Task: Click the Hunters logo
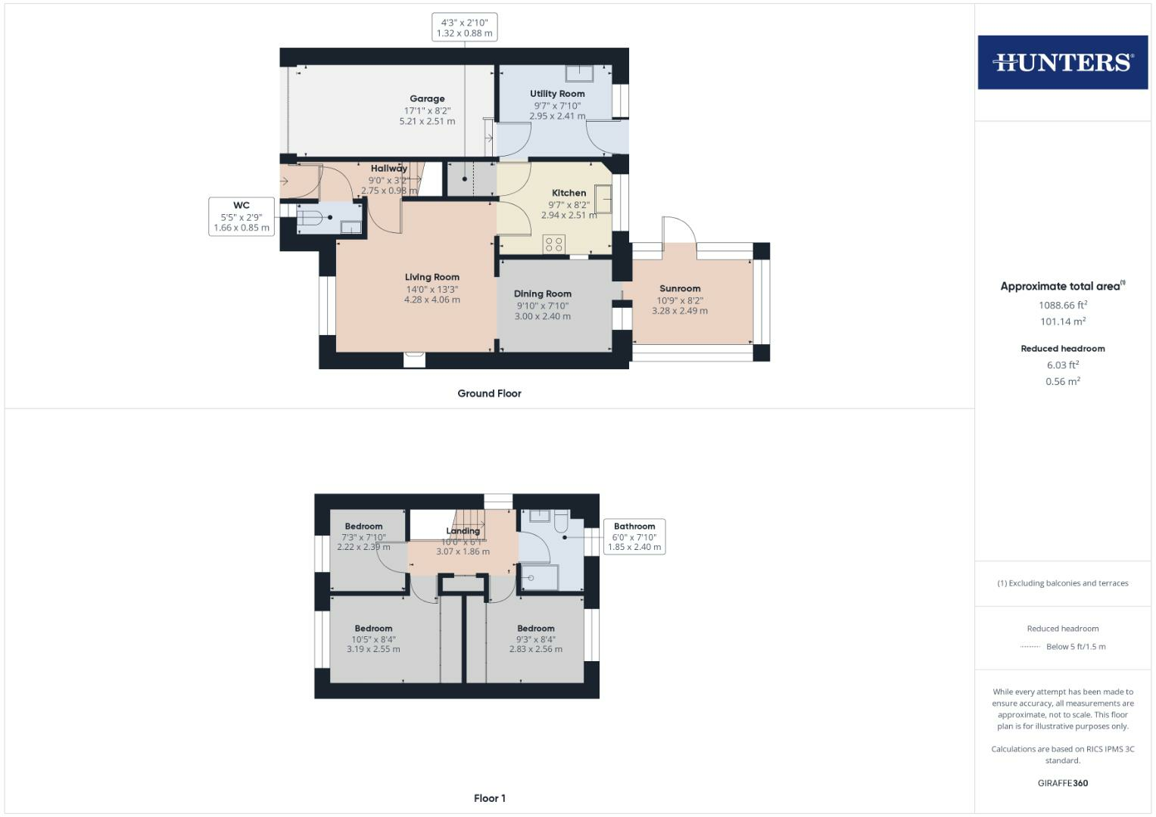coord(1062,62)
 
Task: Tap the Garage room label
coord(427,98)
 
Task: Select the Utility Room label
coord(557,94)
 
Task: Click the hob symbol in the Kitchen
coord(554,244)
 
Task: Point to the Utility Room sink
coord(581,73)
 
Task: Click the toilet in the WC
coord(310,219)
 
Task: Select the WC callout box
coord(241,216)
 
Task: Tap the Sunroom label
coord(680,288)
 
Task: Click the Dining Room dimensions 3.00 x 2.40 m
coord(543,316)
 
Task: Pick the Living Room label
coord(432,277)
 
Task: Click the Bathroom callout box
coord(634,536)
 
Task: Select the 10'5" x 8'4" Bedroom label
coord(373,629)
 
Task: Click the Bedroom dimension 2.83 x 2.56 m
coord(536,649)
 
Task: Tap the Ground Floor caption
coord(489,393)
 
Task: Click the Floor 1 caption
coord(489,798)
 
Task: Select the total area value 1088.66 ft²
coord(1063,306)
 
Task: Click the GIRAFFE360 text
coord(1063,783)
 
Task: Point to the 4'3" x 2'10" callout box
coord(464,28)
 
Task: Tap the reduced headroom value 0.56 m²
coord(1063,381)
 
